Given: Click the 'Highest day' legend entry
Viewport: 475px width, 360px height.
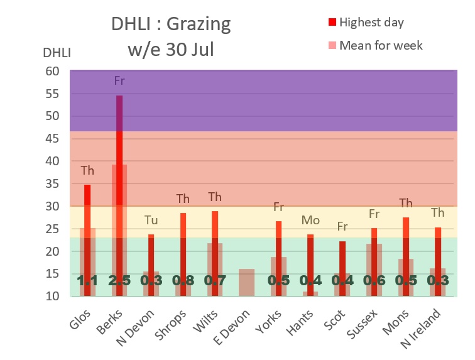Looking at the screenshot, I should click(x=371, y=23).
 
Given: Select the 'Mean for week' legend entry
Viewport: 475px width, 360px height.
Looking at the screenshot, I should click(x=380, y=45).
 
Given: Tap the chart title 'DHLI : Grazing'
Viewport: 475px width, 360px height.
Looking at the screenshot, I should click(x=171, y=25).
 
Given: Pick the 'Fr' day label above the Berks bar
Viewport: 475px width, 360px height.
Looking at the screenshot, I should click(x=119, y=80).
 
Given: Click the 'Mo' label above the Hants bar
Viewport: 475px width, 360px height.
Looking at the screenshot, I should click(x=310, y=220).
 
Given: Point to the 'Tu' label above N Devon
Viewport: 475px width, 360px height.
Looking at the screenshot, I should click(x=151, y=220).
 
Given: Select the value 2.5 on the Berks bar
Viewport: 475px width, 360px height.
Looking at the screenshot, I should click(x=119, y=280).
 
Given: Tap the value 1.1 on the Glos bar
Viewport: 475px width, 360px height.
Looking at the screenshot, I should click(x=87, y=280).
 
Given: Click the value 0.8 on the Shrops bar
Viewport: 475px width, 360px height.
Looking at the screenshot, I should click(x=183, y=280).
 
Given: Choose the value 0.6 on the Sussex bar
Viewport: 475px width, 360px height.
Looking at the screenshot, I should click(x=374, y=280).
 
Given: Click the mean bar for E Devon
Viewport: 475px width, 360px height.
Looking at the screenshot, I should click(x=246, y=282).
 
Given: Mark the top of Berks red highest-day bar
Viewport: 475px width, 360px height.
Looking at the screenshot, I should click(x=119, y=96).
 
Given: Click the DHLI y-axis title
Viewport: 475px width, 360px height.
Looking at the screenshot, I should click(x=57, y=52).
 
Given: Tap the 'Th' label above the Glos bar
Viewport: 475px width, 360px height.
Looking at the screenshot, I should click(x=87, y=170).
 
